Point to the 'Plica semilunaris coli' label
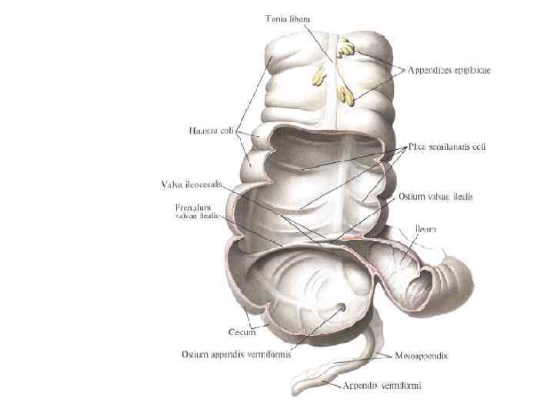(446, 146)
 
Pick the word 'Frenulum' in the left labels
(193, 207)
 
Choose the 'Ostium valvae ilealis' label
(436, 197)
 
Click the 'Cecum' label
(242, 332)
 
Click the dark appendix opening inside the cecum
(340, 310)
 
